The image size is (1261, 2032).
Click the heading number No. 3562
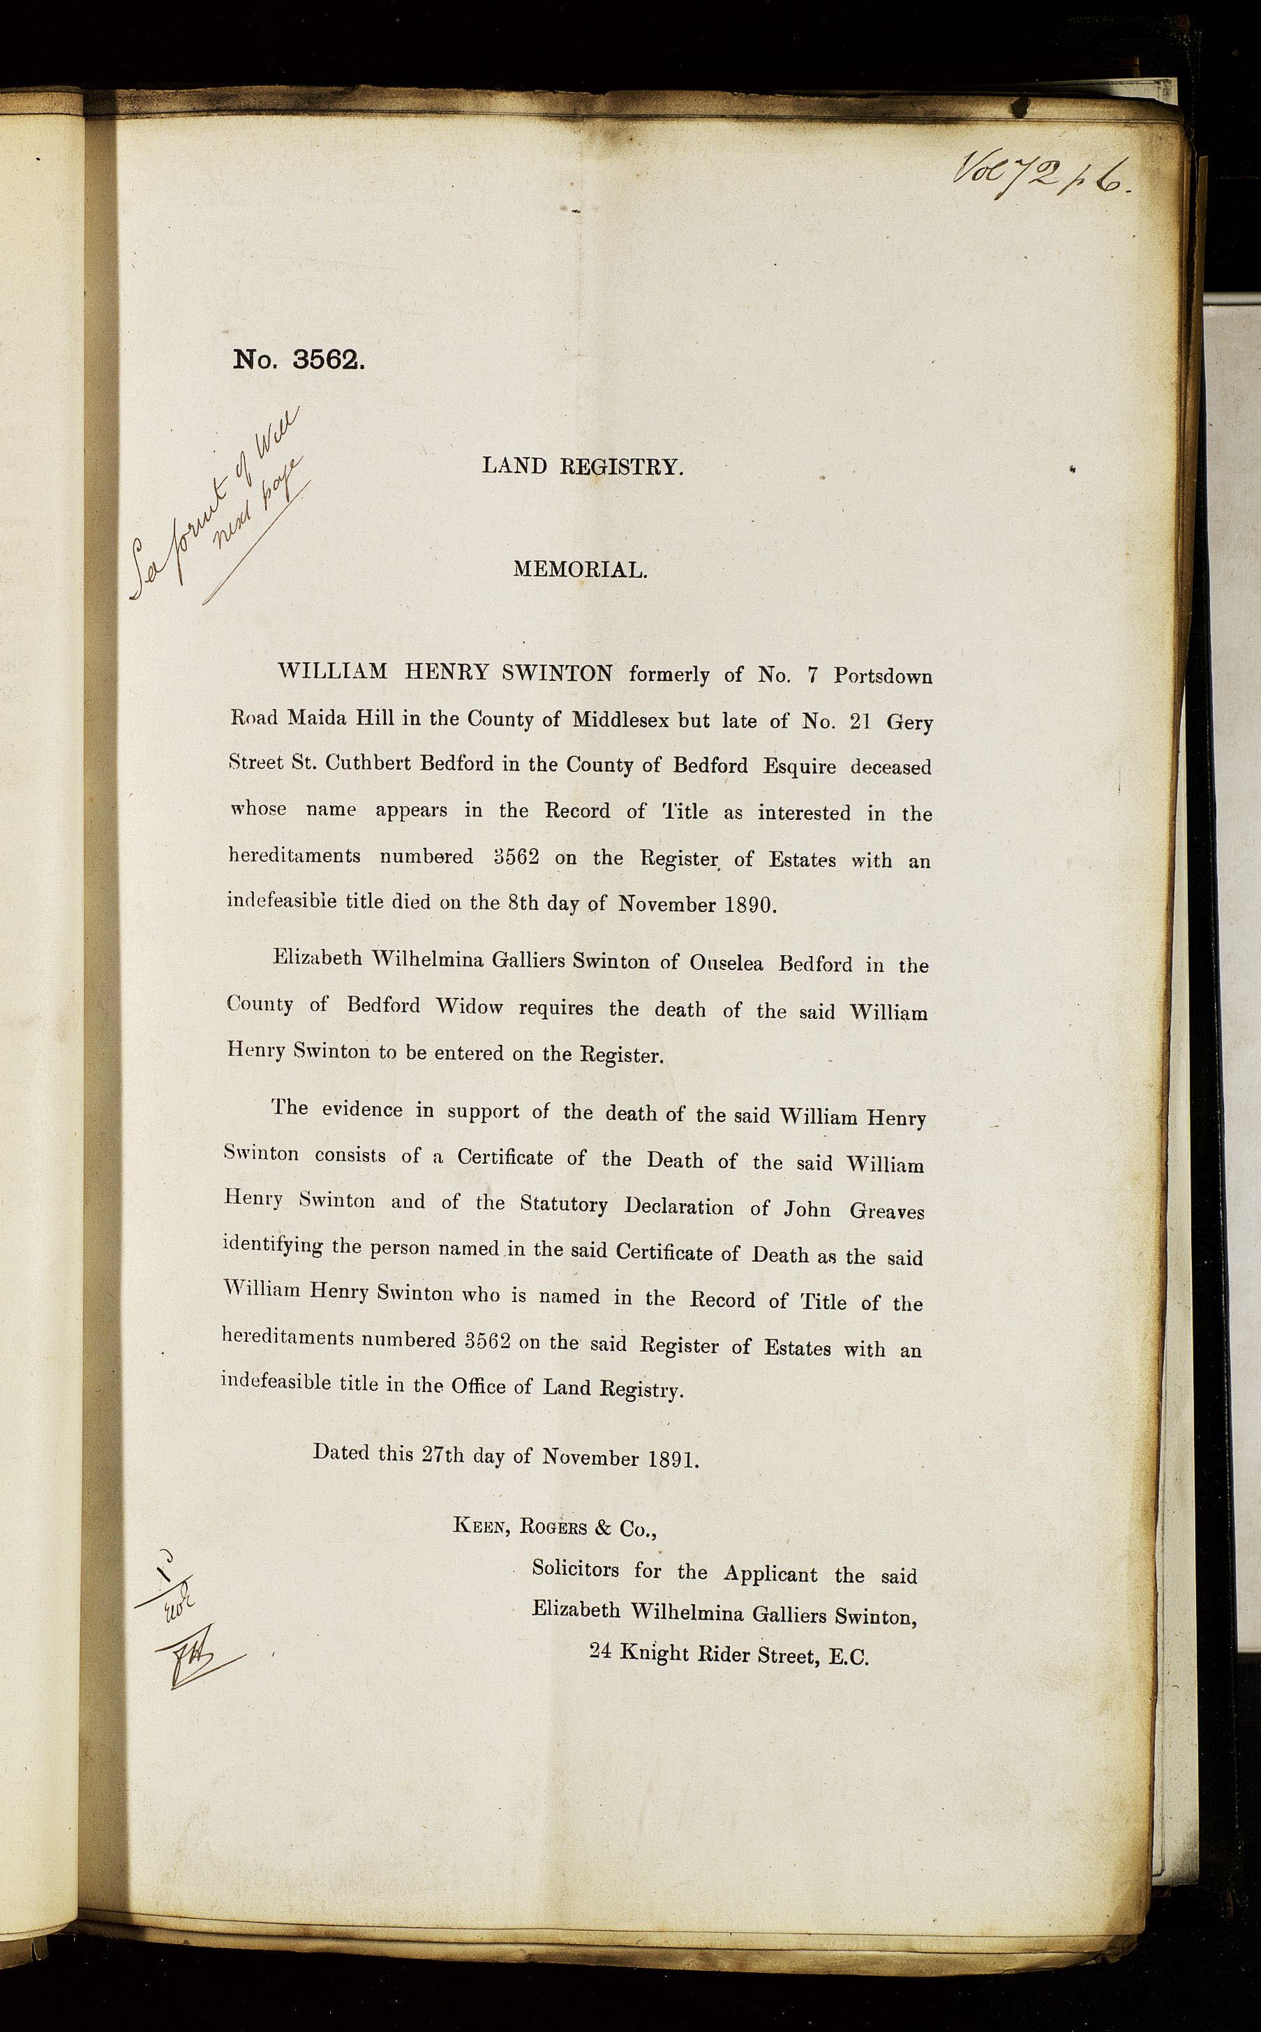click(x=299, y=359)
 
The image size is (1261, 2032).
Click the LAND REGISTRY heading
click(x=582, y=467)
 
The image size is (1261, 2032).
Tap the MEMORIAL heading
click(x=580, y=570)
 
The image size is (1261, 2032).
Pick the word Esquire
click(x=798, y=767)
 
